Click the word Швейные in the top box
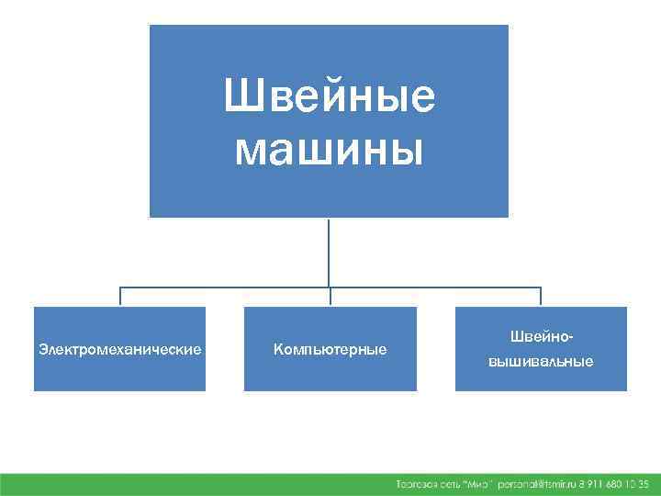[330, 96]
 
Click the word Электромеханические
[119, 349]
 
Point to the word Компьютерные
[330, 350]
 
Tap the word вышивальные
[541, 361]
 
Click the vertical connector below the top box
[330, 252]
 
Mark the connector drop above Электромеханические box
[119, 296]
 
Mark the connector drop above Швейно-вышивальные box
[541, 296]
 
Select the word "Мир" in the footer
[476, 483]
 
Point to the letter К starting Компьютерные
[277, 350]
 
